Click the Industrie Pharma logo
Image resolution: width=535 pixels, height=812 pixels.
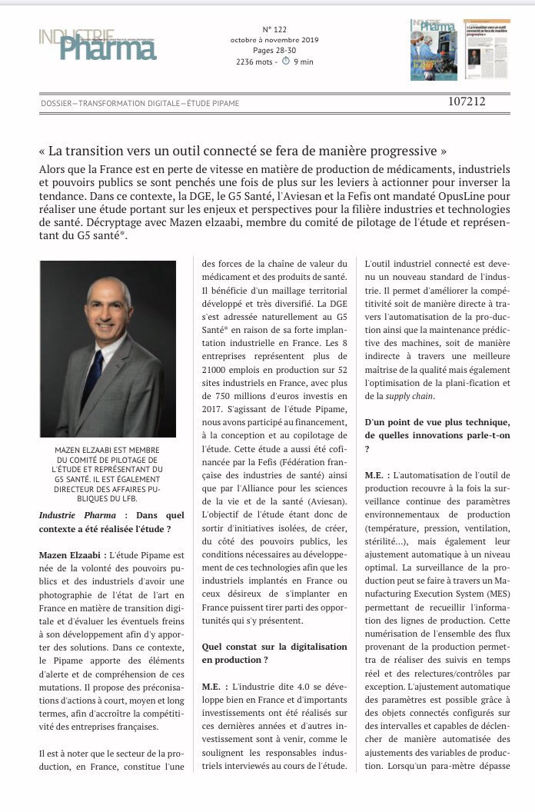click(x=98, y=44)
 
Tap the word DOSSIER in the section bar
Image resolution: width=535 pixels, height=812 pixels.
click(x=60, y=102)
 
